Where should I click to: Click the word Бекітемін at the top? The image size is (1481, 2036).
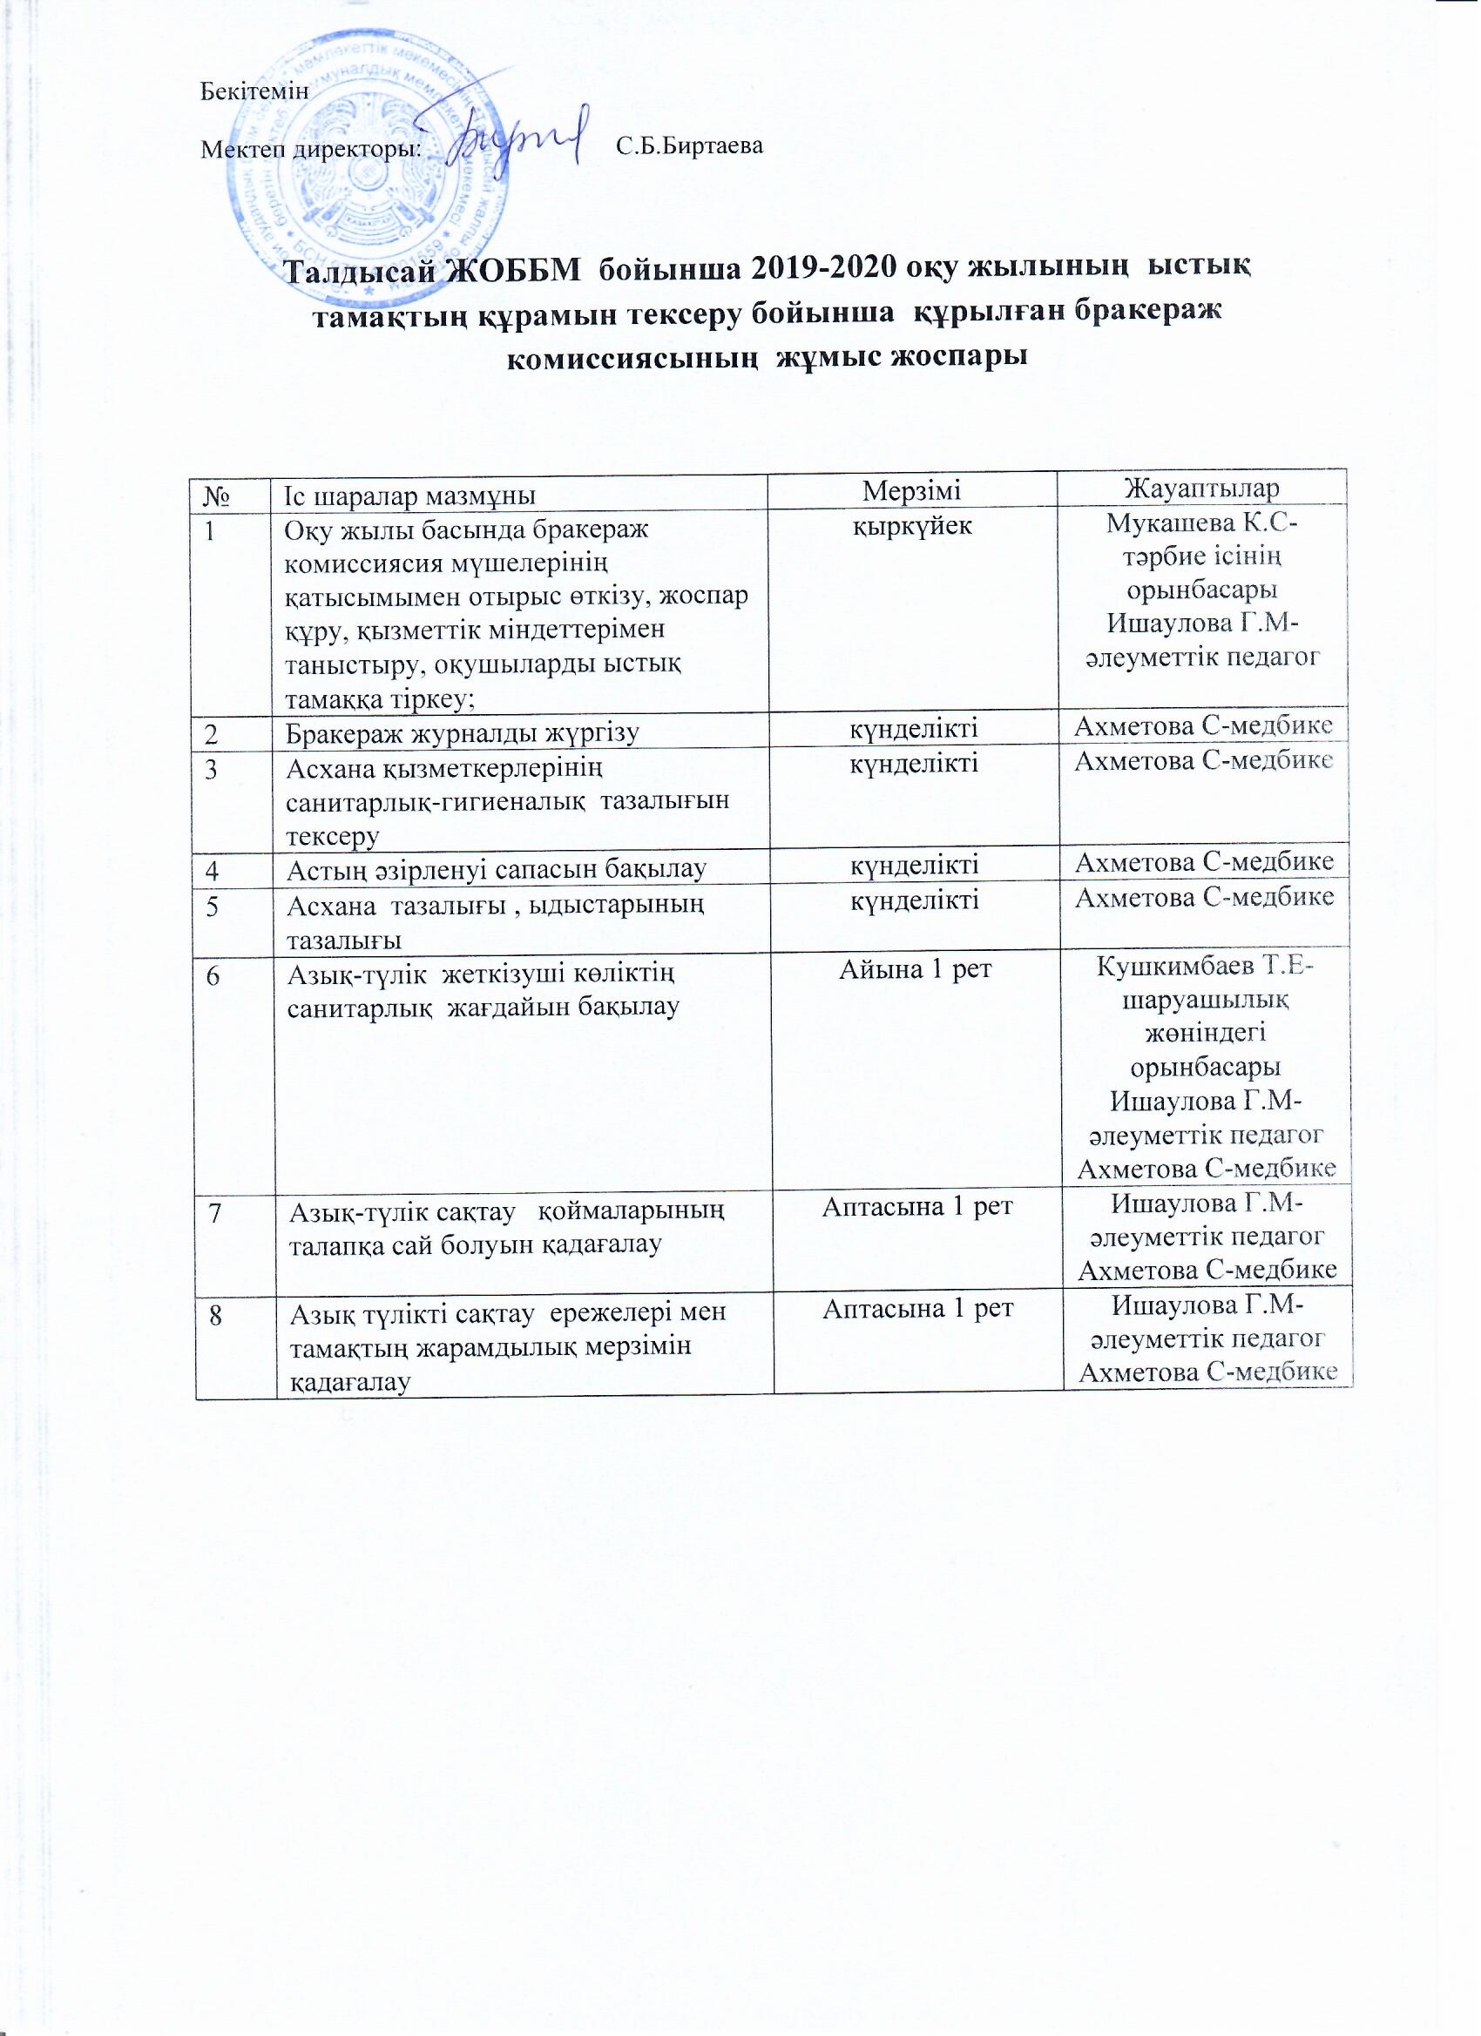coord(254,91)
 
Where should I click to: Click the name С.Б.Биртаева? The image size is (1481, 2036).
coord(690,145)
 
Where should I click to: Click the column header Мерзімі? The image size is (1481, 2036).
coord(911,490)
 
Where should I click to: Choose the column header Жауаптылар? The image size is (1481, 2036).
coord(1202,489)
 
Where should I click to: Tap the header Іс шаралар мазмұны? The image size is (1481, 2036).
coord(410,495)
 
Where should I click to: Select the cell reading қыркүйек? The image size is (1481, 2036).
coord(911,525)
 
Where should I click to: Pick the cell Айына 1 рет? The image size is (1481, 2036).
coord(916,968)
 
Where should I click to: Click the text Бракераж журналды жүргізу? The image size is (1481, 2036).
coord(463,734)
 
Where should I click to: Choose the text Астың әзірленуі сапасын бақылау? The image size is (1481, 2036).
coord(497,868)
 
